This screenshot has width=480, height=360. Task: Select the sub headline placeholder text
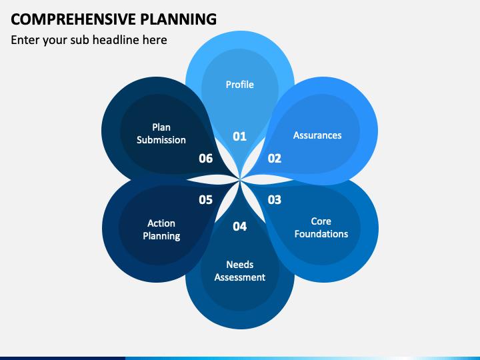click(89, 40)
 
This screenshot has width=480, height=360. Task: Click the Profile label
click(240, 85)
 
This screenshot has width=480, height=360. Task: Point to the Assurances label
click(317, 135)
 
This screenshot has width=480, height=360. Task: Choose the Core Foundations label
click(321, 227)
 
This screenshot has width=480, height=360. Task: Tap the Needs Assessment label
click(240, 271)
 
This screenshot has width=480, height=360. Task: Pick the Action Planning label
click(161, 229)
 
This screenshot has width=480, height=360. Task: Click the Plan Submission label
click(161, 133)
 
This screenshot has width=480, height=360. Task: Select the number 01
click(240, 137)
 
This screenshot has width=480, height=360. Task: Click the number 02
click(275, 159)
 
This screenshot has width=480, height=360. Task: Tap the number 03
click(275, 199)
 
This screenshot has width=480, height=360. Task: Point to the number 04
click(240, 227)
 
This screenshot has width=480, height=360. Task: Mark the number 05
click(205, 199)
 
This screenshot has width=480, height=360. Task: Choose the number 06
click(205, 159)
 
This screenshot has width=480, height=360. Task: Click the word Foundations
click(321, 234)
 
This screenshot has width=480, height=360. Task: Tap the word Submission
click(161, 140)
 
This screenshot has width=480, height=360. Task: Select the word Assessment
click(240, 277)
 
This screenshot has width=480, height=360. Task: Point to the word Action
click(161, 223)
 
